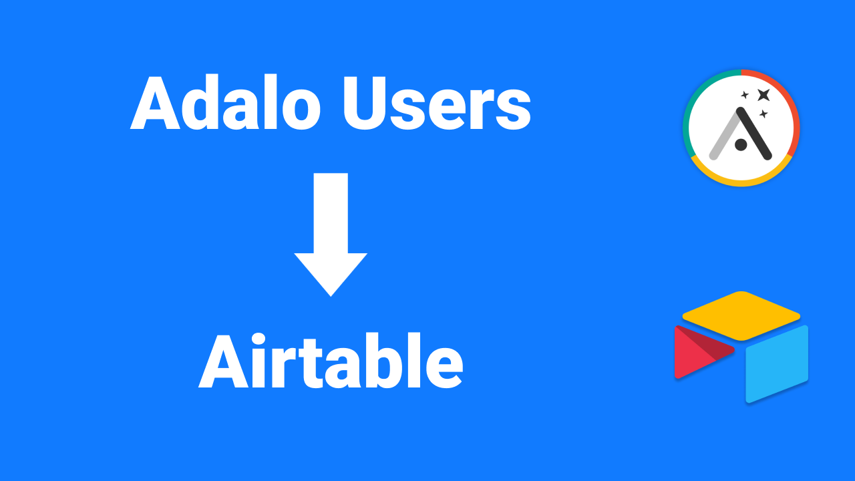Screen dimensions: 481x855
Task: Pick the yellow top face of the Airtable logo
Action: (741, 315)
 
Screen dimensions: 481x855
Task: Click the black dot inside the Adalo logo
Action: (740, 144)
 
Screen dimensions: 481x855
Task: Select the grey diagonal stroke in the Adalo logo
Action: (724, 137)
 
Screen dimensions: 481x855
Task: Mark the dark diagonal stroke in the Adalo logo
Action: (754, 134)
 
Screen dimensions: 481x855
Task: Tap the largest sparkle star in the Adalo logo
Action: (763, 95)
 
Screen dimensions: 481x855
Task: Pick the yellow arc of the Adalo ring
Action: (741, 182)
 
